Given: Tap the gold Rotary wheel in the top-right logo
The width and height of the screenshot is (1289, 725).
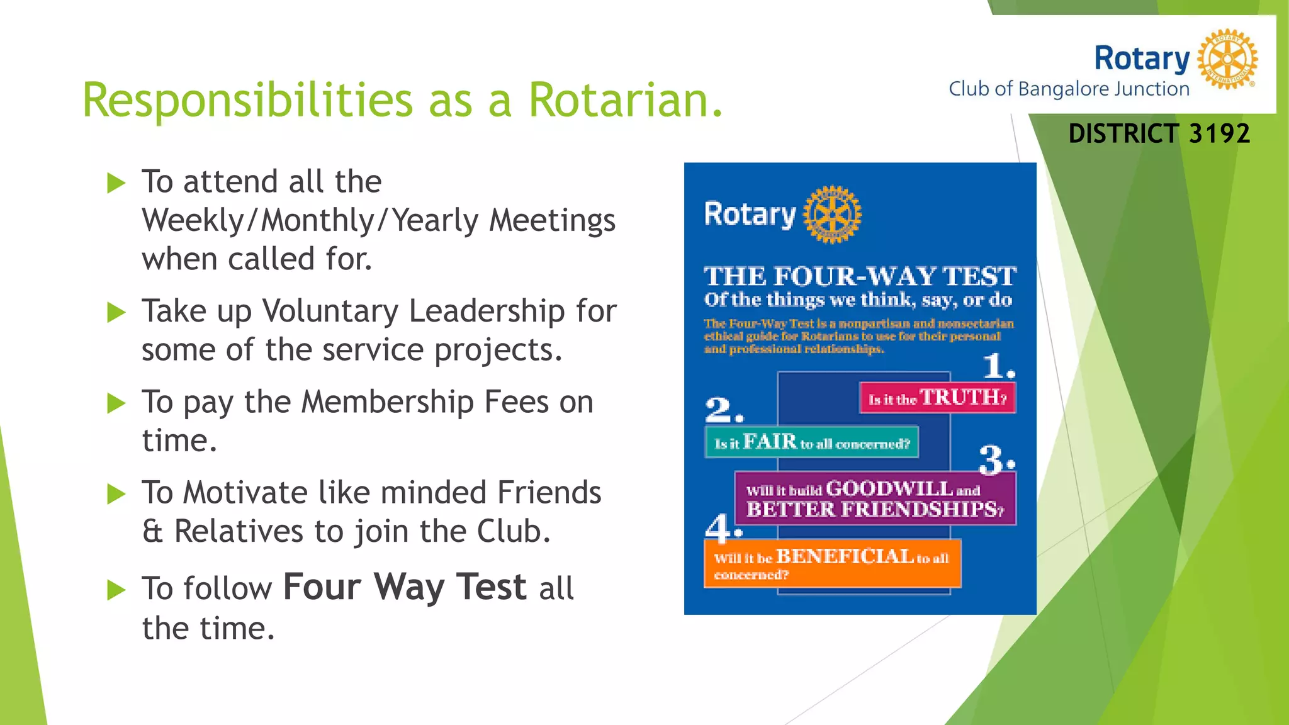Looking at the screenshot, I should (1227, 59).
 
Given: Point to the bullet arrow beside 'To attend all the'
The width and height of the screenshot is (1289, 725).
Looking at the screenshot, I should (116, 183).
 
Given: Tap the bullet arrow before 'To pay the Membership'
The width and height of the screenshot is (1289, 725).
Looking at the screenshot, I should (116, 403).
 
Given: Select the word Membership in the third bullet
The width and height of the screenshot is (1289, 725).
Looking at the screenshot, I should (387, 402).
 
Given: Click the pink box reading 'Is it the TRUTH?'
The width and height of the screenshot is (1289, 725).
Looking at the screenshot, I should (937, 398).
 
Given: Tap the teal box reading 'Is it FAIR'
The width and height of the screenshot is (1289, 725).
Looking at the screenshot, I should (811, 442).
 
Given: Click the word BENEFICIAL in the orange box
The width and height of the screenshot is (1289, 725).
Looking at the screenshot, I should (845, 556).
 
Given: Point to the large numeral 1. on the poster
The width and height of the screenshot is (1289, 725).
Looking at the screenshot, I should (998, 366).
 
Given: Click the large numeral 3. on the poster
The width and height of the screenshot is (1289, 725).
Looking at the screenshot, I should (996, 459).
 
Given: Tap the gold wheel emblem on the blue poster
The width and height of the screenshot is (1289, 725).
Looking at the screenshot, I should (832, 214).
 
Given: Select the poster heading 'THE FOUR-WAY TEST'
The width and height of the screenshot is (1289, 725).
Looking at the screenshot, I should (860, 276).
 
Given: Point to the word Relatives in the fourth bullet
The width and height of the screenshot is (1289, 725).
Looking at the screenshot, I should (239, 532).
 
